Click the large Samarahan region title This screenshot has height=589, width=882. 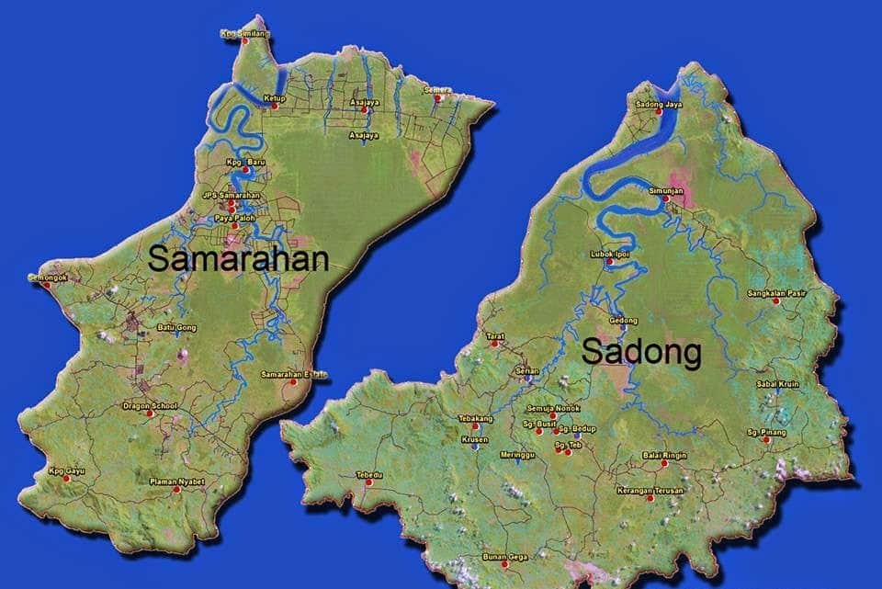pos(238,258)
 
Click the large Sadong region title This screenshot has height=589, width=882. pos(641,351)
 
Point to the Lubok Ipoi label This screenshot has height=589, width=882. pos(609,253)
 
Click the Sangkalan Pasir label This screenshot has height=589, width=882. pos(776,292)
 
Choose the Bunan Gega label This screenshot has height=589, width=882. pos(503,556)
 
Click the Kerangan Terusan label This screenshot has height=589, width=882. pos(650,490)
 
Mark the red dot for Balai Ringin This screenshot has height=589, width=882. pos(664,464)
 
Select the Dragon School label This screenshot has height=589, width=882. pos(150,405)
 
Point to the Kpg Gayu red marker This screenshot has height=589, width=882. pos(66,479)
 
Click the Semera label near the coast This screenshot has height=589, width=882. pos(438,89)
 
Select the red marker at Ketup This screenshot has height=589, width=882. pos(274,107)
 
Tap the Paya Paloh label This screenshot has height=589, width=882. pos(235,218)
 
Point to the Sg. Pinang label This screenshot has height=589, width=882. pos(765,430)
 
